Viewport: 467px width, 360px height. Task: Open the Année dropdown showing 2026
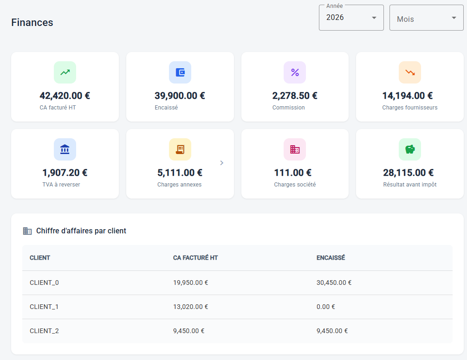[x=351, y=18]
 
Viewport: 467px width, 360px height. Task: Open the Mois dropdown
[x=426, y=18]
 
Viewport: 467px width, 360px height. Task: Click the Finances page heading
[x=32, y=23]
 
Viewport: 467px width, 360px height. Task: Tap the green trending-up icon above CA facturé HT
[x=65, y=72]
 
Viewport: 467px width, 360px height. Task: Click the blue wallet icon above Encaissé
[x=180, y=72]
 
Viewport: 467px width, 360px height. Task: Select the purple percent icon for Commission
[x=295, y=72]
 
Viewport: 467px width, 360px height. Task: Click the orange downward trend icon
[x=410, y=72]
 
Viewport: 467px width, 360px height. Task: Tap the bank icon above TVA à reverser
[x=65, y=149]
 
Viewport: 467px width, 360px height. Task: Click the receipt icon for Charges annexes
[x=180, y=149]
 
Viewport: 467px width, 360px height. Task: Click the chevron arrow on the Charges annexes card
[x=221, y=163]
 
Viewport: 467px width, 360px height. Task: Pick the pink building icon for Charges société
[x=295, y=149]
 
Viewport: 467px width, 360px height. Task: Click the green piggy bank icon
[x=410, y=149]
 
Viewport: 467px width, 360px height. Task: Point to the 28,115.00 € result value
[x=409, y=173]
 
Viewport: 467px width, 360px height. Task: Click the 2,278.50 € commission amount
[x=295, y=96]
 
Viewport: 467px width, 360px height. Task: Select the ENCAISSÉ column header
[x=331, y=257]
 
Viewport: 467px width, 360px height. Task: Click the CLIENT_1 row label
[x=44, y=307]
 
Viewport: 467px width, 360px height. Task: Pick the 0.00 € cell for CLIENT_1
[x=326, y=307]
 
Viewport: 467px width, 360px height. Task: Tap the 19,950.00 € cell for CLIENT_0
[x=191, y=283]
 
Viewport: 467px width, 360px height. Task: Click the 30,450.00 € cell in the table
[x=334, y=283]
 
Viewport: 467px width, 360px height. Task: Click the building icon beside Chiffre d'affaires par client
[x=27, y=231]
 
